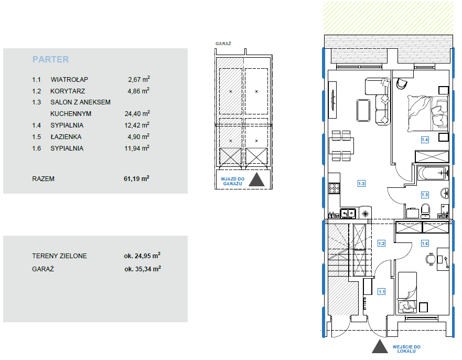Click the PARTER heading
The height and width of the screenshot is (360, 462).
pyautogui.click(x=50, y=59)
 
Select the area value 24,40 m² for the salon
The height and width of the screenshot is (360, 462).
pyautogui.click(x=137, y=113)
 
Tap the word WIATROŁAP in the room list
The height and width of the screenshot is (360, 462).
pyautogui.click(x=69, y=80)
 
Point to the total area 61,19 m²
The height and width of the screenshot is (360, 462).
pyautogui.click(x=136, y=178)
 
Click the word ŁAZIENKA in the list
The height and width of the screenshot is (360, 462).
pyautogui.click(x=66, y=137)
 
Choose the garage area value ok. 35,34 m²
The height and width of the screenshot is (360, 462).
pyautogui.click(x=143, y=269)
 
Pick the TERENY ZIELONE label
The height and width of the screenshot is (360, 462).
pyautogui.click(x=59, y=256)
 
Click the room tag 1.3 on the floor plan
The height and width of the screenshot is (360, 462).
pyautogui.click(x=361, y=184)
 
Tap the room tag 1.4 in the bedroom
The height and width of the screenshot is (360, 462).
pyautogui.click(x=425, y=140)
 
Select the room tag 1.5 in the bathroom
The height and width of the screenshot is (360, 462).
pyautogui.click(x=425, y=195)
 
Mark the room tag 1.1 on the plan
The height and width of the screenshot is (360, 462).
pyautogui.click(x=382, y=292)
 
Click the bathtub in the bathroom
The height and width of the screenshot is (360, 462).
pyautogui.click(x=433, y=173)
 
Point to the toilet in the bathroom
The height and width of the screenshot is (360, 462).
pyautogui.click(x=425, y=210)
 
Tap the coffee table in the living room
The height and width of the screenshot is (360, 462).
pyautogui.click(x=363, y=110)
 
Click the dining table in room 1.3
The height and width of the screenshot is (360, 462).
pyautogui.click(x=341, y=146)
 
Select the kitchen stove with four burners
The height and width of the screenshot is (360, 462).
pyautogui.click(x=334, y=188)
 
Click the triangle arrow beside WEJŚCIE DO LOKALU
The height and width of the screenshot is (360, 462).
pyautogui.click(x=380, y=346)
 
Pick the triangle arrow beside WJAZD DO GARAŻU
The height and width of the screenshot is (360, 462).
pyautogui.click(x=256, y=179)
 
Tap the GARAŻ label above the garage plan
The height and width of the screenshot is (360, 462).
pyautogui.click(x=223, y=44)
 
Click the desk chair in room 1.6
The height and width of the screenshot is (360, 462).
pyautogui.click(x=431, y=259)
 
